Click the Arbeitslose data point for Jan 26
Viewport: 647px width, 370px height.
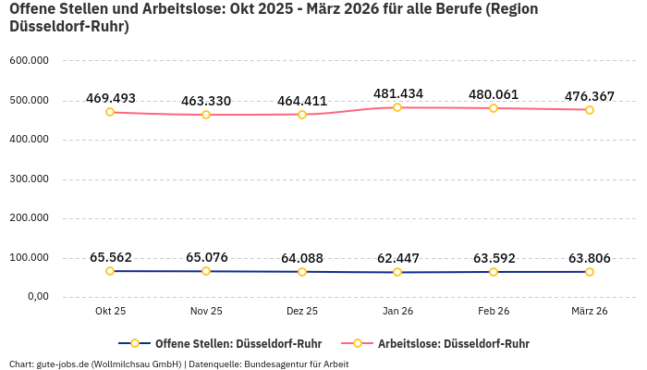click(x=397, y=107)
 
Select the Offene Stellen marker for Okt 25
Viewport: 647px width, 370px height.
click(x=110, y=271)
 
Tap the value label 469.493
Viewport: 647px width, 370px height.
click(x=111, y=98)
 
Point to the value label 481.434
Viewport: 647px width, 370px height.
click(x=398, y=93)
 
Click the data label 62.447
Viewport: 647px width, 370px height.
click(x=398, y=258)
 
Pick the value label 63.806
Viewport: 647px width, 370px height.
click(x=589, y=258)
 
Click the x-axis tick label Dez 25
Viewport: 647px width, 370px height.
click(x=302, y=311)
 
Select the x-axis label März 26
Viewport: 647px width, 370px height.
click(x=589, y=311)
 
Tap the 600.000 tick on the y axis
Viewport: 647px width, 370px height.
click(x=29, y=61)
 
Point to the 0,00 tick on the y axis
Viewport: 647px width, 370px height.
click(x=36, y=297)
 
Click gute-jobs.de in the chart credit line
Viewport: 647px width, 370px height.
click(x=64, y=364)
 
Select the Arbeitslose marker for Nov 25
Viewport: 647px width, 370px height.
click(x=206, y=115)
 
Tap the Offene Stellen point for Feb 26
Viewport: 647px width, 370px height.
click(x=494, y=272)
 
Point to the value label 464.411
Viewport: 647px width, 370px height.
click(x=302, y=101)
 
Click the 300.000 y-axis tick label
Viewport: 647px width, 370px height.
click(x=29, y=179)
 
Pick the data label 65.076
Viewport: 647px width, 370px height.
click(x=206, y=257)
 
